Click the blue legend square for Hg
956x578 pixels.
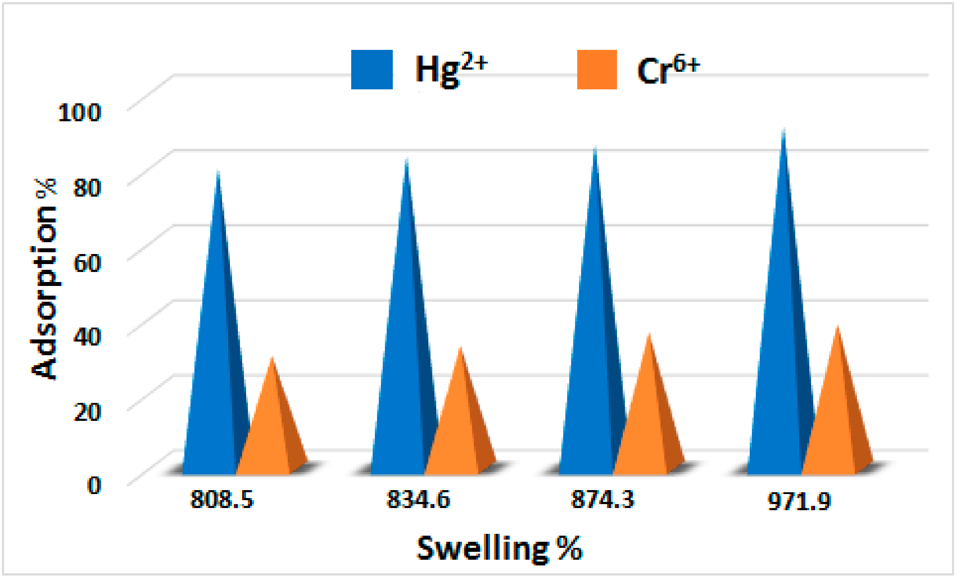click(372, 70)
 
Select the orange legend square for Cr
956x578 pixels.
click(597, 70)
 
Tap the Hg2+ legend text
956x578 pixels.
click(450, 69)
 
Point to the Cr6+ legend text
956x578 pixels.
click(668, 70)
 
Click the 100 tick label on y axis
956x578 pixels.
click(80, 113)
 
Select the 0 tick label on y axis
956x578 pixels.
click(94, 485)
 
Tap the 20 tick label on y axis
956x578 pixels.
click(87, 412)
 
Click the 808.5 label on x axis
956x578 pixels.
click(222, 499)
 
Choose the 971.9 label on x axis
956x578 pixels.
click(799, 501)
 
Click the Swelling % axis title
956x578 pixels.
click(499, 548)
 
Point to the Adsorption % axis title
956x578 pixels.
click(43, 279)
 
